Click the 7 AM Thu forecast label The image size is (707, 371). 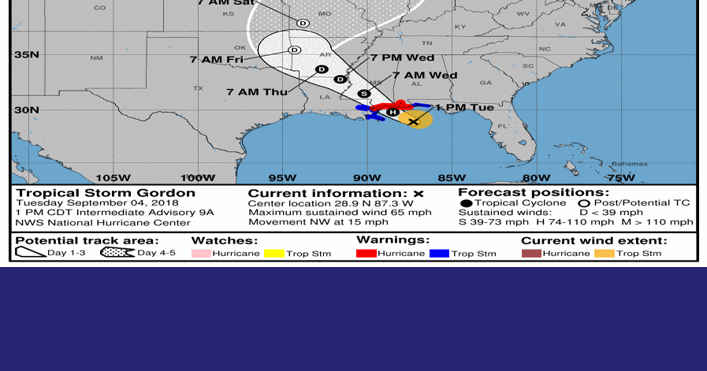click(x=257, y=92)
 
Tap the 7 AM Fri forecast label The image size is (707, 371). click(x=216, y=59)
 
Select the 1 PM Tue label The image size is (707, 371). click(x=464, y=107)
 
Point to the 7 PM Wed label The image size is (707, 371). click(x=402, y=58)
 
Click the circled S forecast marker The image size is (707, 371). click(x=363, y=94)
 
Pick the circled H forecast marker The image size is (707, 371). click(x=393, y=112)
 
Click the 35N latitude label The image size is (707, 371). click(x=26, y=54)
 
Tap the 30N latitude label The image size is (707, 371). click(x=26, y=109)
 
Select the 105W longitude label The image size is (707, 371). click(x=112, y=178)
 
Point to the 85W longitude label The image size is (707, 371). click(x=452, y=178)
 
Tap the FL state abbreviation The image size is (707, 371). click(x=502, y=126)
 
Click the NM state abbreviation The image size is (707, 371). click(x=96, y=58)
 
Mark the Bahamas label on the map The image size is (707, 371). click(x=629, y=164)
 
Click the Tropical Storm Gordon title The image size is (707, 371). click(x=106, y=193)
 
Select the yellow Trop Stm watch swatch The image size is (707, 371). click(x=274, y=254)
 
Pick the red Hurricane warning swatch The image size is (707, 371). click(x=367, y=254)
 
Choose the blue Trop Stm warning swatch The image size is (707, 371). click(x=440, y=254)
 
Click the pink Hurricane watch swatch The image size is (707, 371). click(x=202, y=254)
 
